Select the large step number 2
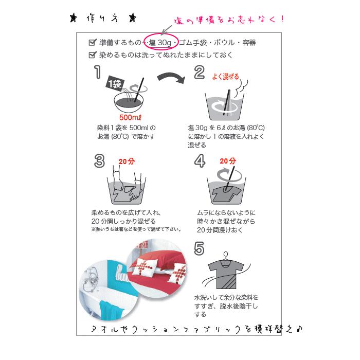pyautogui.click(x=199, y=73)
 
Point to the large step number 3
pyautogui.click(x=99, y=160)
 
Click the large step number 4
pyautogui.click(x=200, y=160)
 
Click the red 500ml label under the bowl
pyautogui.click(x=128, y=117)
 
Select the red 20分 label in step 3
pyautogui.click(x=126, y=161)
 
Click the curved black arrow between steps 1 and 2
pyautogui.click(x=170, y=78)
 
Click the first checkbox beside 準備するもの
pyautogui.click(x=93, y=43)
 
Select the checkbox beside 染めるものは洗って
pyautogui.click(x=93, y=55)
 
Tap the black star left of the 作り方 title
pyautogui.click(x=74, y=20)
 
